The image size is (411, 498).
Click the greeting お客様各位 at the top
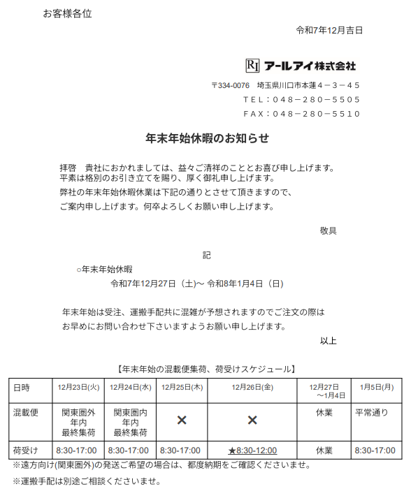coord(67,13)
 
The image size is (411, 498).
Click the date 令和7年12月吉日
coord(329,30)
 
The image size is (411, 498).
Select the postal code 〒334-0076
coord(230,85)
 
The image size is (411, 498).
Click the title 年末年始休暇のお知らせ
coord(207,138)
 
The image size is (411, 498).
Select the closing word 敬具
coord(329,230)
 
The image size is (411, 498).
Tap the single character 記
coord(207,256)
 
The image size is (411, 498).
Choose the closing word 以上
coord(329,341)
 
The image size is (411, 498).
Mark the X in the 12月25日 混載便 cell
coord(182,420)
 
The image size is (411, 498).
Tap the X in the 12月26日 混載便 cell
coord(252,420)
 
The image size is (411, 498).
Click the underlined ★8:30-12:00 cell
coord(252,451)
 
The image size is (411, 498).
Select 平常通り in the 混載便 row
coord(371,413)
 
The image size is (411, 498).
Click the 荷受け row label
coord(26,451)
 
